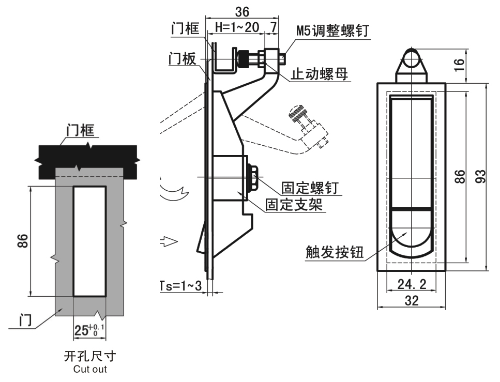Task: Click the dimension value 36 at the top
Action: [x=242, y=12]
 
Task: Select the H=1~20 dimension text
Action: [x=237, y=27]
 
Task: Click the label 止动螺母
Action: [x=320, y=74]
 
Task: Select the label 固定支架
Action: [x=294, y=205]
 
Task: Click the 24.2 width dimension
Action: [x=412, y=284]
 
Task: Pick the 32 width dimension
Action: [x=412, y=300]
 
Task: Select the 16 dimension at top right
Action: [x=460, y=65]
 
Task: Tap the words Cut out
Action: [x=90, y=369]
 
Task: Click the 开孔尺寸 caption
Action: [x=90, y=357]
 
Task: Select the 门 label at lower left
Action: [x=25, y=320]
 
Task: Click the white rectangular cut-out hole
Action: [x=89, y=241]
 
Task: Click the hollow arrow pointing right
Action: [x=169, y=241]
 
